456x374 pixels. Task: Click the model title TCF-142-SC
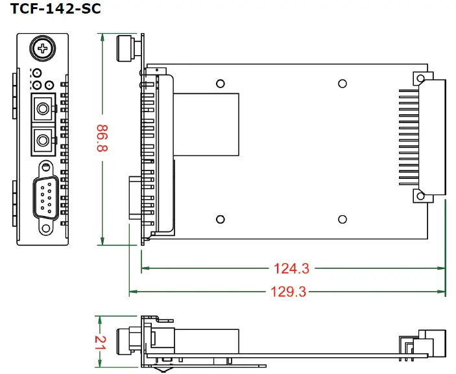(56, 10)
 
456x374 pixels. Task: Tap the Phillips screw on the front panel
(43, 49)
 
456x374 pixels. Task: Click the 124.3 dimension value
(291, 267)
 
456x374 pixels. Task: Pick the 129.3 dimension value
(287, 292)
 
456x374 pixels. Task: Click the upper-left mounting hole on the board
(221, 84)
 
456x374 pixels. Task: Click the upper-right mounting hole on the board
(342, 84)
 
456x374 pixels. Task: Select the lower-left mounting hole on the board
(221, 220)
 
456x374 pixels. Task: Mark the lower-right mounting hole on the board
(342, 220)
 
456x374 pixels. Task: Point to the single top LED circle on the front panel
(38, 73)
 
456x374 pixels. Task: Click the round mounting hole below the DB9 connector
(46, 228)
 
